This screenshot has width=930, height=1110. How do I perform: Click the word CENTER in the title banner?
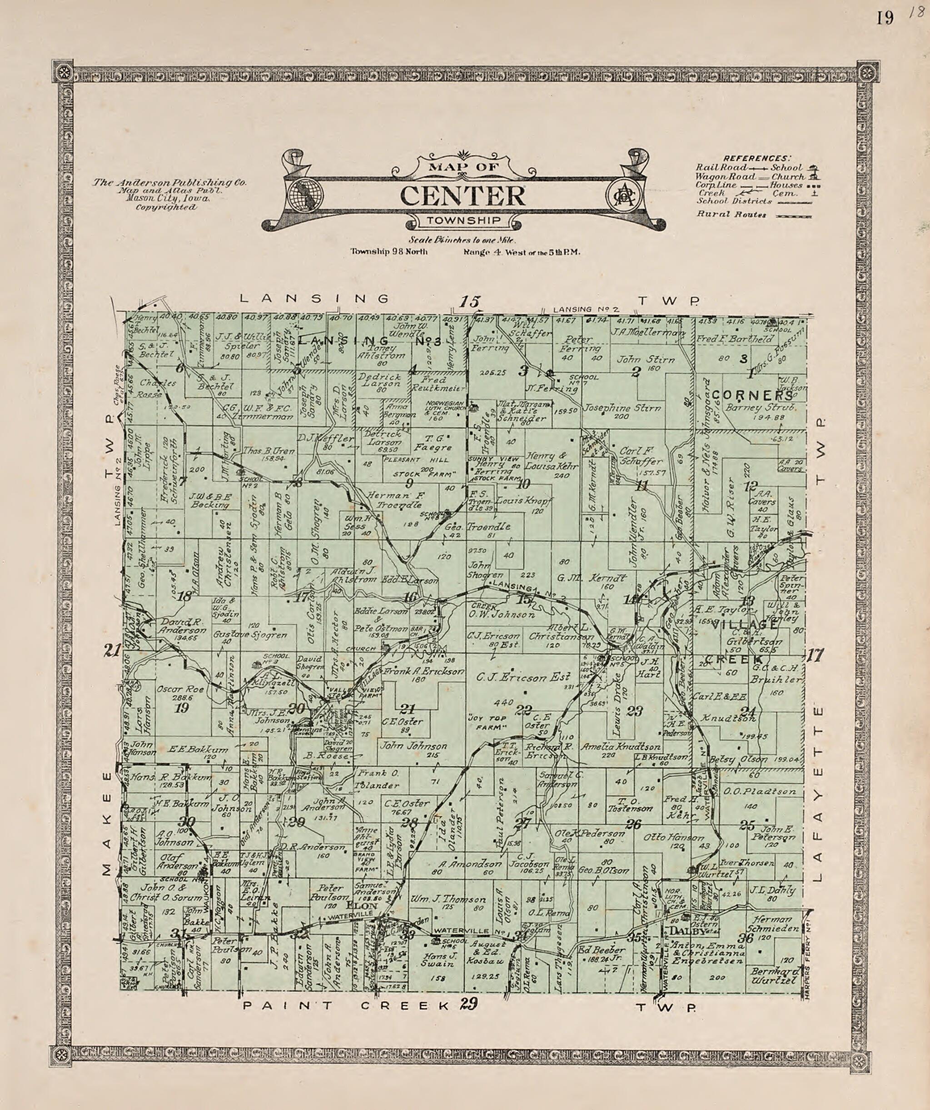pos(463,196)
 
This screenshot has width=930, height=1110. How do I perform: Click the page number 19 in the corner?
pos(885,19)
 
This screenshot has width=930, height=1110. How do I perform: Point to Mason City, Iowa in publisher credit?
pos(168,199)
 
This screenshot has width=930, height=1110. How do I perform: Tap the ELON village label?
pos(368,906)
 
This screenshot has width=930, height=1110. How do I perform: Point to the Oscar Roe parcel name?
pos(173,689)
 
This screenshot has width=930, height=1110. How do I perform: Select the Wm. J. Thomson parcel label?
pos(448,899)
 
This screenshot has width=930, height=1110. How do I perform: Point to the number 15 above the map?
pos(469,302)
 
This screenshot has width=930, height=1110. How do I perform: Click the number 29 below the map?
pos(468,1003)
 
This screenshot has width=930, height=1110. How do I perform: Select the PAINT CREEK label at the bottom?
pos(345,1006)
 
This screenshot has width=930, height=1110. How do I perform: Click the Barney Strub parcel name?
pos(760,407)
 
